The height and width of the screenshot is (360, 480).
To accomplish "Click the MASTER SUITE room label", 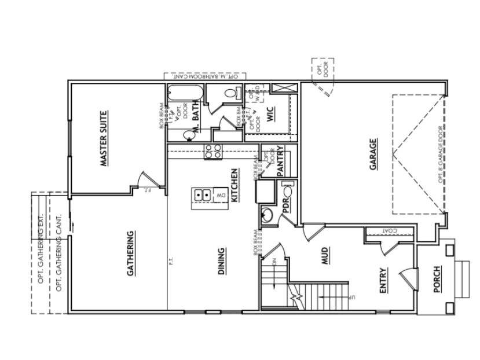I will [104, 138].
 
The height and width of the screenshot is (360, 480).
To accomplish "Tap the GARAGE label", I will [373, 155].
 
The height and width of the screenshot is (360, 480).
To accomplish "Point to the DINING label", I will [222, 263].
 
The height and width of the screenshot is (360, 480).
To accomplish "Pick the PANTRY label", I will [280, 160].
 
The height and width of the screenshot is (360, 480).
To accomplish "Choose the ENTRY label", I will [383, 280].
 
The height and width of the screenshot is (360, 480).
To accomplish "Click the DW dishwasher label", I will [221, 196].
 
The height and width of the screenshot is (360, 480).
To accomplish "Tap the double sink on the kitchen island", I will [203, 195].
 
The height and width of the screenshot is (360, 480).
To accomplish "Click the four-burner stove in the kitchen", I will [212, 151].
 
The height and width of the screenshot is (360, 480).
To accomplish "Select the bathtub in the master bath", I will [185, 94].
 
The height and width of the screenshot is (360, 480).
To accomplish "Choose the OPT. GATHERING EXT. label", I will [41, 252].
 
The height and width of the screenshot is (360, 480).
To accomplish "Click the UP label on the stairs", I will [351, 297].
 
